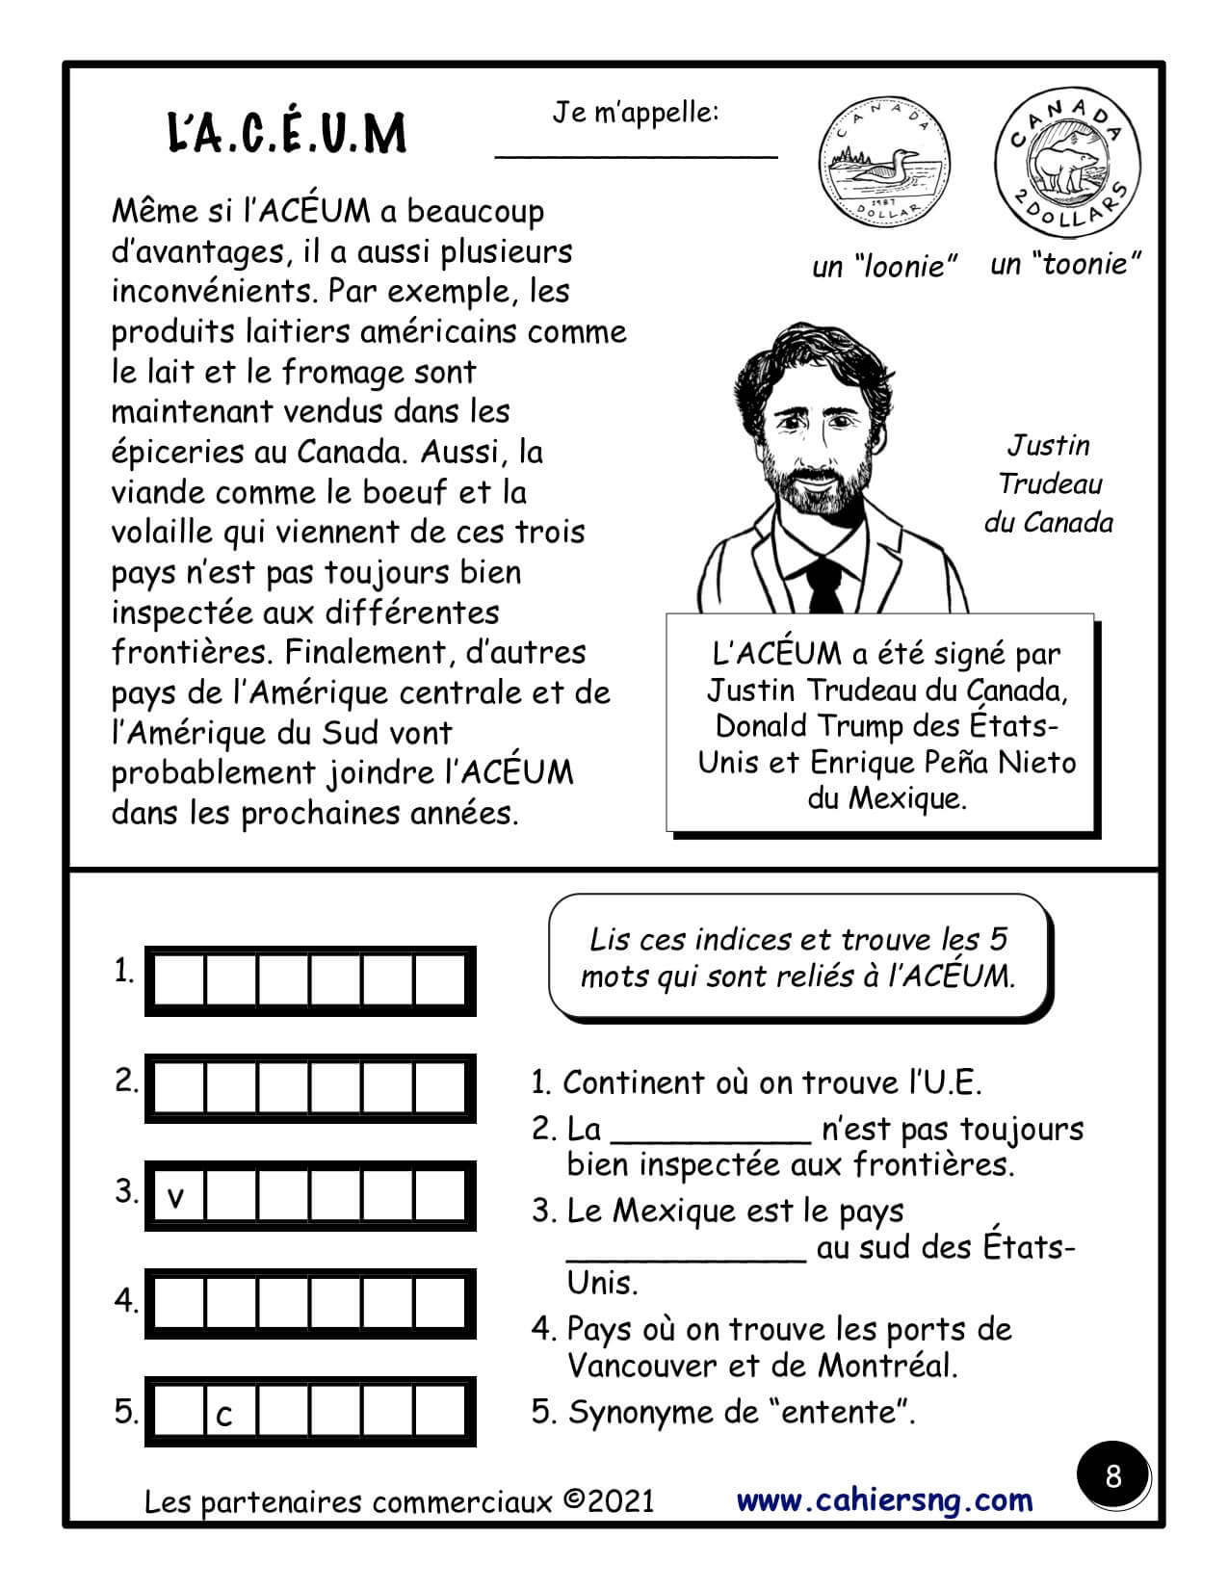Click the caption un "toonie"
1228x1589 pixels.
coord(1065,263)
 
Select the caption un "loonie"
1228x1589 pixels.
coord(884,266)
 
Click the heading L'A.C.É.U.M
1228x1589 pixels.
coord(287,134)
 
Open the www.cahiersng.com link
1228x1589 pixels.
coord(884,1499)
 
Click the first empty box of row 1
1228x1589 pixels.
coord(179,980)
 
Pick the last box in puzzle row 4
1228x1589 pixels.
coord(439,1305)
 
